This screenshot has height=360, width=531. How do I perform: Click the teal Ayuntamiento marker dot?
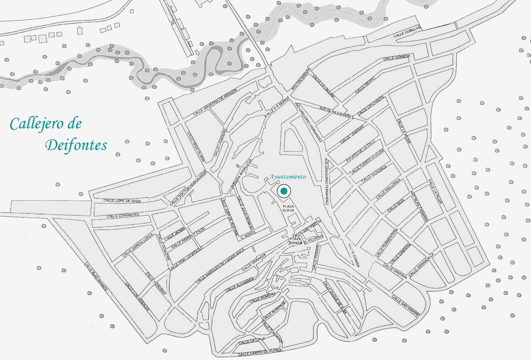pos(284,191)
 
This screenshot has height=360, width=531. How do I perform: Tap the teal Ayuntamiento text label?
pos(288,177)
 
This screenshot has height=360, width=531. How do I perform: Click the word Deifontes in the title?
pos(76,145)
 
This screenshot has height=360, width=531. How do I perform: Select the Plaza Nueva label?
pos(289,209)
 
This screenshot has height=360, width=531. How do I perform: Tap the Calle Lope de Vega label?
pos(122,201)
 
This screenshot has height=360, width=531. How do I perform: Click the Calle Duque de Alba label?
pos(335,298)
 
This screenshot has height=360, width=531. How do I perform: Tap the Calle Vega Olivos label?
pos(195,147)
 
